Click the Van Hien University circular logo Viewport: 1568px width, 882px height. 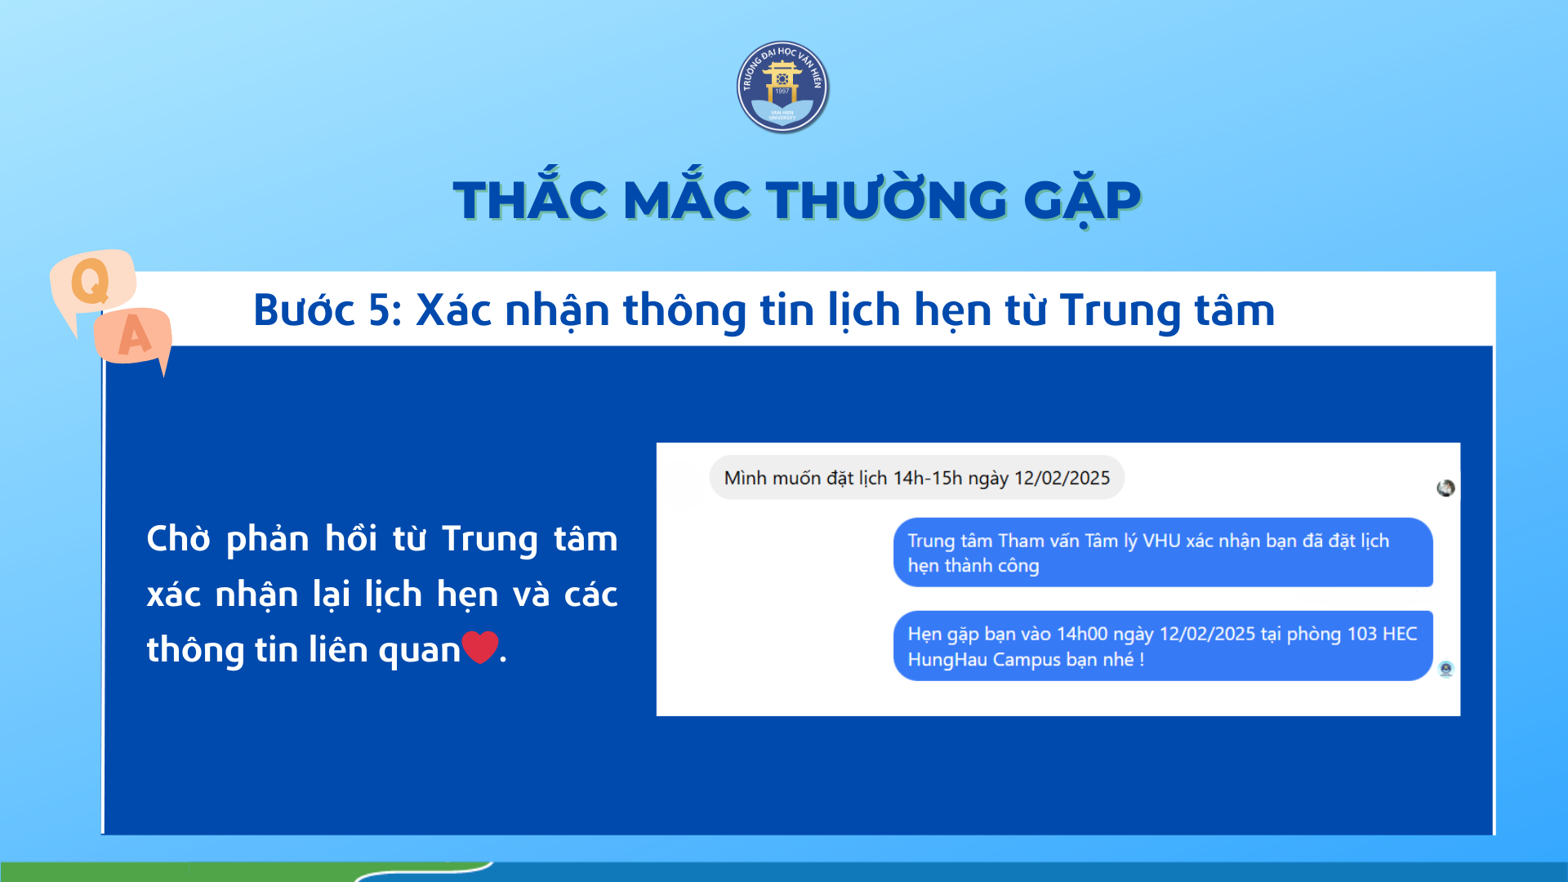point(782,87)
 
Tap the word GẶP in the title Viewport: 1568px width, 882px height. point(1082,200)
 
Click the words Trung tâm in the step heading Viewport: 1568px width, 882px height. point(1167,311)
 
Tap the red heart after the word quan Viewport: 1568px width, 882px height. point(480,648)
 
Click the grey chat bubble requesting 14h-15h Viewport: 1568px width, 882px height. point(916,478)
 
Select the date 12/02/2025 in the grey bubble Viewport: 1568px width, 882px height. point(1062,478)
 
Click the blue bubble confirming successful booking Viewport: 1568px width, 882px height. point(1163,552)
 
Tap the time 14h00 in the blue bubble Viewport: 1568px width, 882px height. point(1082,634)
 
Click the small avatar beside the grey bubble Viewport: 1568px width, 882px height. point(1445,488)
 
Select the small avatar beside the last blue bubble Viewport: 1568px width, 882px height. point(1445,670)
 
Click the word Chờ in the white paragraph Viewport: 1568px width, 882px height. point(178,539)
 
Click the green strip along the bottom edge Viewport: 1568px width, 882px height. point(245,871)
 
